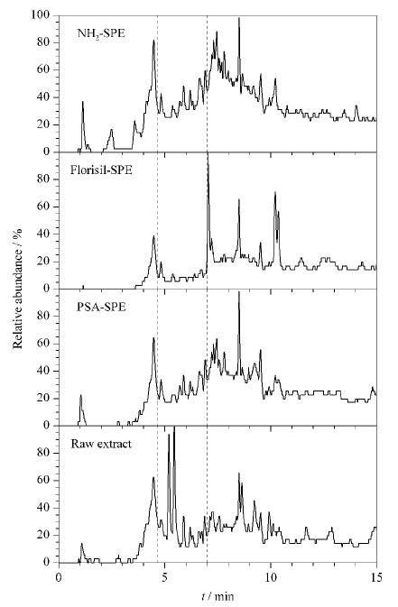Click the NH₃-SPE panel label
(101, 33)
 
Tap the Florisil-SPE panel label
(101, 170)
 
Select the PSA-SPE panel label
(101, 307)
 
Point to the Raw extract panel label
(101, 443)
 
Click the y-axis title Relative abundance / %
(18, 289)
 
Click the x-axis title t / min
(218, 595)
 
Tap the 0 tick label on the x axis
(59, 577)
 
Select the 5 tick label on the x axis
(164, 577)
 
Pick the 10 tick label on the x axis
(271, 577)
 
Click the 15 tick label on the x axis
(376, 577)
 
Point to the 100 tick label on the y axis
(42, 15)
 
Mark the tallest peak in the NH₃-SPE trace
(239, 18)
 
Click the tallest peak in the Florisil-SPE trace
(208, 156)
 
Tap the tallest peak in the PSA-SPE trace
(239, 292)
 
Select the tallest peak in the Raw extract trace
(174, 428)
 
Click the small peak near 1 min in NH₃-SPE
(82, 102)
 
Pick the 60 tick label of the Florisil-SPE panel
(45, 207)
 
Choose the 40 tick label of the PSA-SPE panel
(45, 371)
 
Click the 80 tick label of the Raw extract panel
(45, 453)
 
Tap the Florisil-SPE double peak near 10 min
(276, 209)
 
